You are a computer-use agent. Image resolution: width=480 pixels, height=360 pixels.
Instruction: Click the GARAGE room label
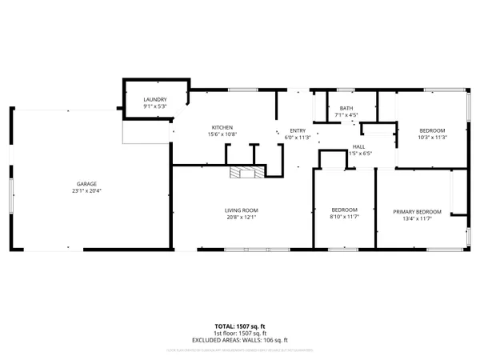(x=81, y=183)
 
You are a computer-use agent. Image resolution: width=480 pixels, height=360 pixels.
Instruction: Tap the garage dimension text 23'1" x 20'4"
(x=81, y=190)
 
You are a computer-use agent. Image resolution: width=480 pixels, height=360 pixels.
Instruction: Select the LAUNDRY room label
(x=154, y=99)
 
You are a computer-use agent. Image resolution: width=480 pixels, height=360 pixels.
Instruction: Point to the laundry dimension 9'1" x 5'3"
(x=154, y=106)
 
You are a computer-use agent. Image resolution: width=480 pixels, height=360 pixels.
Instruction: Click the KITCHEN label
(x=222, y=128)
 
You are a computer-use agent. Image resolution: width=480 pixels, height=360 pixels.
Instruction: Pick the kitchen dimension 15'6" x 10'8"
(x=222, y=135)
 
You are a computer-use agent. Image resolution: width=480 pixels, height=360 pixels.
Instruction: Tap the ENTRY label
(x=298, y=130)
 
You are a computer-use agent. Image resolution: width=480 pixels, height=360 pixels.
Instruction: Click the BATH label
(x=346, y=108)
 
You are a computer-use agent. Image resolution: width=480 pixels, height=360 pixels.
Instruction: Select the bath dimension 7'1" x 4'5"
(x=346, y=115)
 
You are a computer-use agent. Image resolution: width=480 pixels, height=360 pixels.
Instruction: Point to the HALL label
(x=360, y=146)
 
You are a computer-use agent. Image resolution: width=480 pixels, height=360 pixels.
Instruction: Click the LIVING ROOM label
(x=241, y=210)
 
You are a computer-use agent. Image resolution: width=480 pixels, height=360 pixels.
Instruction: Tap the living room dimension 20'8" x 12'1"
(x=241, y=218)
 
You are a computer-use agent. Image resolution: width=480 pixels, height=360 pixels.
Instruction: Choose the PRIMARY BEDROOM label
(x=413, y=212)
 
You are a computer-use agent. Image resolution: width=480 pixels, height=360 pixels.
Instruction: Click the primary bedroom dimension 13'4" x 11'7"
(x=413, y=219)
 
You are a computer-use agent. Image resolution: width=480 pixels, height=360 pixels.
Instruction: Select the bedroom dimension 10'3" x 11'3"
(x=432, y=137)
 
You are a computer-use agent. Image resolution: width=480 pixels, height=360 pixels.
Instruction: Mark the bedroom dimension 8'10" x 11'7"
(x=344, y=217)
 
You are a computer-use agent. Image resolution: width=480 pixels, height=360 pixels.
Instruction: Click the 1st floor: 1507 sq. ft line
(x=240, y=333)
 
